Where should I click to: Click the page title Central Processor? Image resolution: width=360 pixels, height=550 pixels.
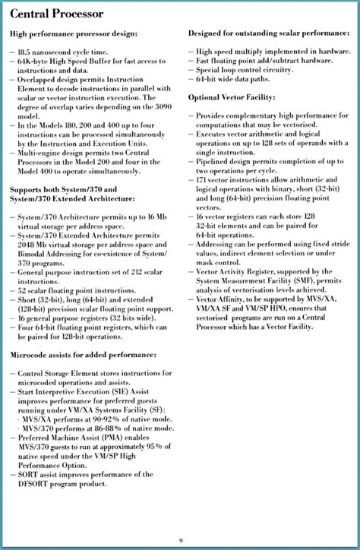coord(56,14)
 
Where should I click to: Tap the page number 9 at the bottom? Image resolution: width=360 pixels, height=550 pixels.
coord(181,537)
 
